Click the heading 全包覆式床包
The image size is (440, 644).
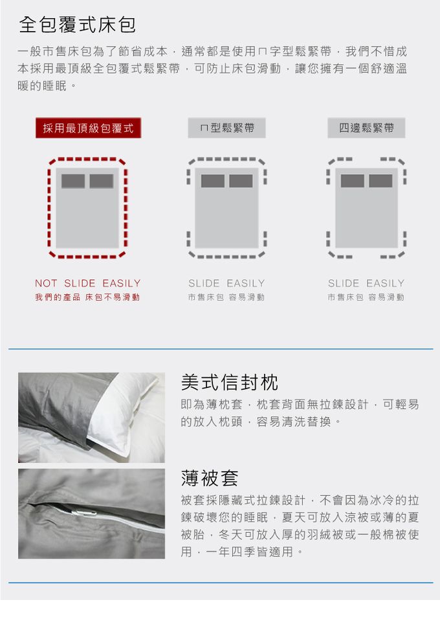[77, 25]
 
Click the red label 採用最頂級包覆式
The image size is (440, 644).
[89, 128]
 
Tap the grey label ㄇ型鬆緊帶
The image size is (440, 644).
[226, 128]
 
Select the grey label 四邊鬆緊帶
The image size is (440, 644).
[366, 128]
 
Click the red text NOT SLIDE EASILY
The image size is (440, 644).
[88, 283]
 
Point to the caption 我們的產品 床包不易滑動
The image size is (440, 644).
[87, 297]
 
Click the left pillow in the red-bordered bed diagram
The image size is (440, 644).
[73, 181]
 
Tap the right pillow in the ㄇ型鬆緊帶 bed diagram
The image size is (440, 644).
[241, 181]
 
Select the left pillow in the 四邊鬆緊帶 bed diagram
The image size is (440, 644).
[353, 181]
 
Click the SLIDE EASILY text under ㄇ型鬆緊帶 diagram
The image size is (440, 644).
[226, 283]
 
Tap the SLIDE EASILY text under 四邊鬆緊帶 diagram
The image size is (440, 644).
[366, 283]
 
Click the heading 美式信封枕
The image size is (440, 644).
[230, 383]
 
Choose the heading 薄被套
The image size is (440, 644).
[210, 478]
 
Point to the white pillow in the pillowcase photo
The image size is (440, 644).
[123, 415]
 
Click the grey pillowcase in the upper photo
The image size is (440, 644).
[61, 407]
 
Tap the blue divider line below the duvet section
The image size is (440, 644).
[221, 583]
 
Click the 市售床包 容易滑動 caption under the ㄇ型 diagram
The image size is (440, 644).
[226, 297]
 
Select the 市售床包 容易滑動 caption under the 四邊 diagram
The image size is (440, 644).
[366, 297]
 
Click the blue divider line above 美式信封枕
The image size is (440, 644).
[221, 349]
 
